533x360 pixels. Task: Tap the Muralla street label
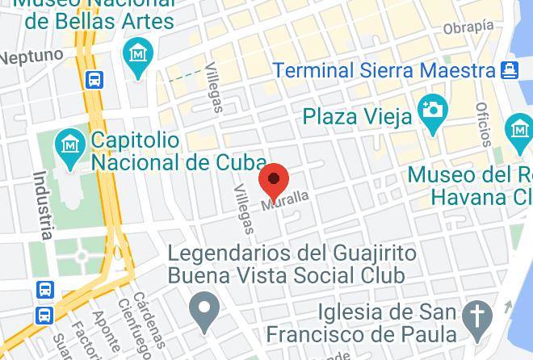pos(286,199)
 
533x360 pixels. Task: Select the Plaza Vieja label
pos(357,116)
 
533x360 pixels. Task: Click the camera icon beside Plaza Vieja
pos(433,109)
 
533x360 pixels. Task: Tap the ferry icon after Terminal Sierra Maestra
pos(508,69)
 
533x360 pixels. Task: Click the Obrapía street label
pos(468,27)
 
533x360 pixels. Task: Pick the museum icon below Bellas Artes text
pos(138,55)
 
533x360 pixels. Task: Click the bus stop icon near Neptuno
pos(94,79)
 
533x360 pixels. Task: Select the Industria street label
pos(43,205)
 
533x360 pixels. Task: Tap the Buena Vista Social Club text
pos(286,275)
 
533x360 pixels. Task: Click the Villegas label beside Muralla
pos(243,209)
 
